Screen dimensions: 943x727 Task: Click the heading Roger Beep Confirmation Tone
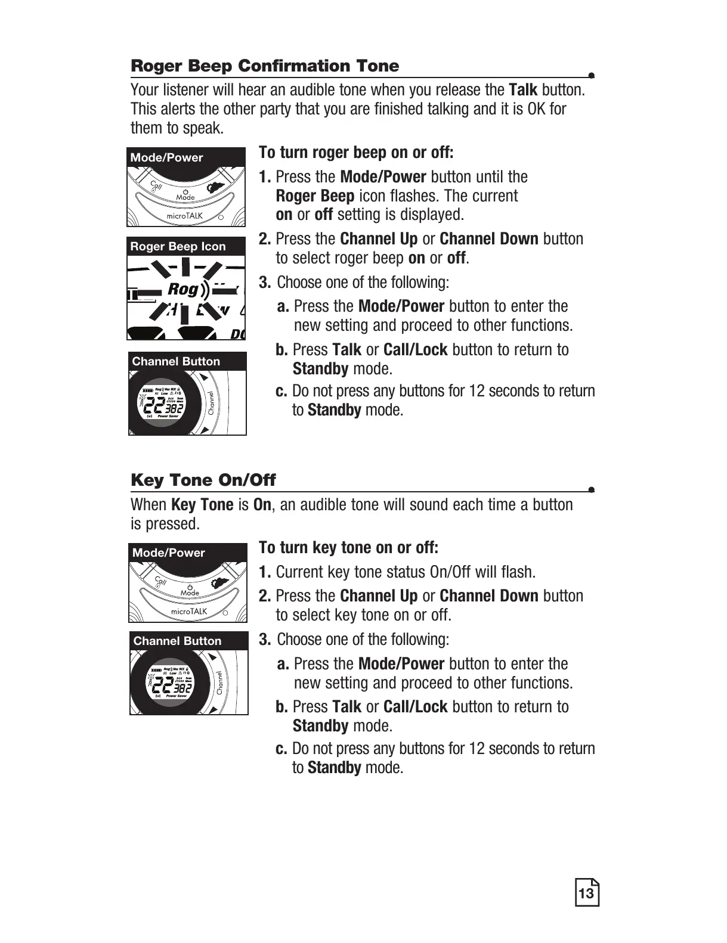[264, 66]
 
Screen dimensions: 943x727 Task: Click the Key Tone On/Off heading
[203, 480]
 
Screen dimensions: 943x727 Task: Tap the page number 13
[586, 894]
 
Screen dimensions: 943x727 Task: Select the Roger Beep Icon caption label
[178, 247]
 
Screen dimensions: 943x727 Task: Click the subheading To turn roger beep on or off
[356, 153]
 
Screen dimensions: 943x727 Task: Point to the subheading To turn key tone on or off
[348, 548]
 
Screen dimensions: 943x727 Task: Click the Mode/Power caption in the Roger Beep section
[166, 158]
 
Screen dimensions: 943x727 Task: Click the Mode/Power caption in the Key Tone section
[168, 553]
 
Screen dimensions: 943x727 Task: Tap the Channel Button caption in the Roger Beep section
[176, 362]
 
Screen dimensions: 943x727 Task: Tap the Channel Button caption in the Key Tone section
[177, 641]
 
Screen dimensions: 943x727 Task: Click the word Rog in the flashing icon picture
[183, 290]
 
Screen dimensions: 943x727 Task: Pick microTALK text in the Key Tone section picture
[188, 612]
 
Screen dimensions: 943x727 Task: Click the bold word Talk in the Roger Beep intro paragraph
[523, 91]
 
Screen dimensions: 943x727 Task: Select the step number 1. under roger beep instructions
[265, 178]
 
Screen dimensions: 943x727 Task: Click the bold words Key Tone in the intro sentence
[202, 505]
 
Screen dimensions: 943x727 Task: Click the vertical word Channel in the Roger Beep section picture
[212, 404]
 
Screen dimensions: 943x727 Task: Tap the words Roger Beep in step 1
[315, 197]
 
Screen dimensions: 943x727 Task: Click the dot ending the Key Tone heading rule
[590, 490]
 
